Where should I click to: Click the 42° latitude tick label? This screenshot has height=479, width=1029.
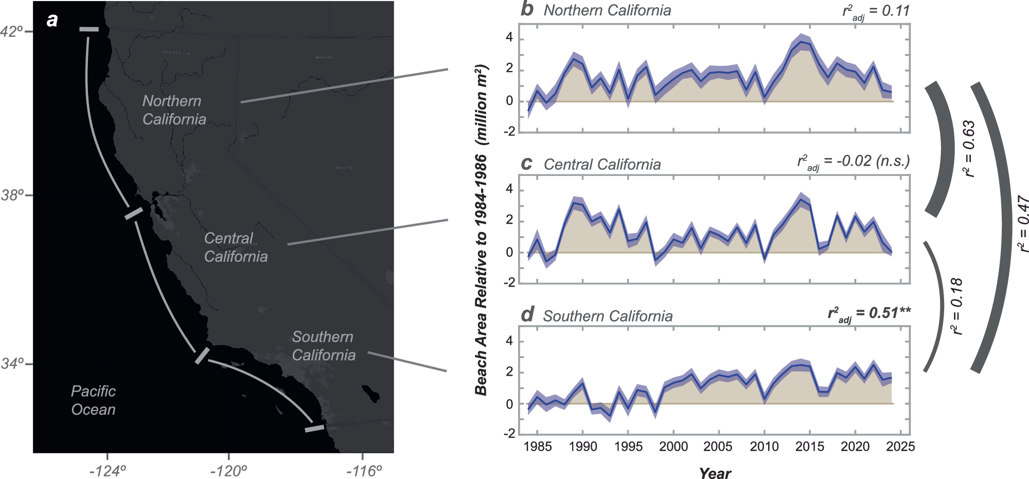click(x=12, y=31)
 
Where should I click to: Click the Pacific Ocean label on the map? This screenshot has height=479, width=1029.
click(x=93, y=400)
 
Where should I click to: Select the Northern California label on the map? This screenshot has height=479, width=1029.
click(x=174, y=110)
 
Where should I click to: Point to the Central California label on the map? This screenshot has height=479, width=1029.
click(x=235, y=247)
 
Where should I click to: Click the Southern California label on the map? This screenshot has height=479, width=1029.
click(x=323, y=346)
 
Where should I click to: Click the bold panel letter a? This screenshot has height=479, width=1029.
click(x=52, y=20)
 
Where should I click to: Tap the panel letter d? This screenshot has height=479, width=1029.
click(x=527, y=314)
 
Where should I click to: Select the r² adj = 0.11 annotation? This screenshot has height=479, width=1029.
click(x=876, y=11)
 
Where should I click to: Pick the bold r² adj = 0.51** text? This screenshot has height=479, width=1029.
click(x=869, y=313)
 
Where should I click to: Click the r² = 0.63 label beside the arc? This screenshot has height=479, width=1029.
click(x=969, y=149)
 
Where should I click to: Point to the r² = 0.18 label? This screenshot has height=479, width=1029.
click(x=956, y=306)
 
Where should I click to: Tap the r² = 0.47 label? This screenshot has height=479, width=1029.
click(x=1023, y=224)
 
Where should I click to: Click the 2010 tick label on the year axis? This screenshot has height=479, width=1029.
click(x=764, y=447)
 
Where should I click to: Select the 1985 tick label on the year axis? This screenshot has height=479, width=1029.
click(x=537, y=447)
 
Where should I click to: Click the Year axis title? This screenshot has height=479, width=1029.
click(x=715, y=473)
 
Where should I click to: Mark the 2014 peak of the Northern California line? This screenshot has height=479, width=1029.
click(x=800, y=42)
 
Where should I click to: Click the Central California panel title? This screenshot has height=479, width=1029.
click(x=602, y=164)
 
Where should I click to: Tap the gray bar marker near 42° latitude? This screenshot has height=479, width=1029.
click(x=89, y=29)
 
